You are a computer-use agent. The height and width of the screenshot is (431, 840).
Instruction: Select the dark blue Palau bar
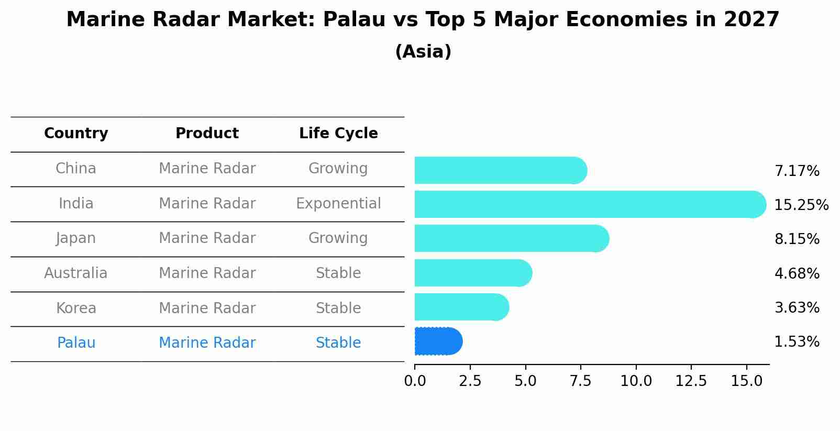click(x=438, y=341)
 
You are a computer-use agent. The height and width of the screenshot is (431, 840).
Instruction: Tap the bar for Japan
click(x=511, y=238)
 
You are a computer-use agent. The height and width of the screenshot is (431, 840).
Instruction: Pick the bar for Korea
click(x=461, y=307)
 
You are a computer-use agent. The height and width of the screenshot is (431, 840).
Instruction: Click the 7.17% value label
click(x=797, y=171)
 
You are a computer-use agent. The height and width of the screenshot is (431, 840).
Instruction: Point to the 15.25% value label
click(x=801, y=205)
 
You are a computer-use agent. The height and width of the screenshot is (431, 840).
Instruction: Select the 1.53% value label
click(x=797, y=342)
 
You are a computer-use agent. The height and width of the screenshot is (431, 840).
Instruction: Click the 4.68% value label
click(x=797, y=273)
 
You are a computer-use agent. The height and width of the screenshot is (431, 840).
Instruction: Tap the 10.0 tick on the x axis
click(x=636, y=381)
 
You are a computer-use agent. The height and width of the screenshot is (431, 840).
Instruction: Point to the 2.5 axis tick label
click(x=470, y=381)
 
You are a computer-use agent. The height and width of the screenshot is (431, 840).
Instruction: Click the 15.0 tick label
click(x=746, y=381)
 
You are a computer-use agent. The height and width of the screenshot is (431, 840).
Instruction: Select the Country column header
click(x=76, y=134)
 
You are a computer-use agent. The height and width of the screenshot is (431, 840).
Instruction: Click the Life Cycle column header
click(x=338, y=134)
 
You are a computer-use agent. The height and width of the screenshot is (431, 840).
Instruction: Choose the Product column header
click(x=207, y=134)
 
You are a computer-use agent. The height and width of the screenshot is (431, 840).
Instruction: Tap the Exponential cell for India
click(x=338, y=203)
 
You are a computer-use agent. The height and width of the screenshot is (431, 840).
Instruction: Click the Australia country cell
click(x=76, y=273)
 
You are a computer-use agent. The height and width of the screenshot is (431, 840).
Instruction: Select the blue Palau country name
click(x=76, y=343)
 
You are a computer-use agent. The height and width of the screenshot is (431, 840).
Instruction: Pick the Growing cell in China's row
click(x=338, y=169)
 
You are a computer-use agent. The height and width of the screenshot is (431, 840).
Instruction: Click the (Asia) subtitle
click(x=423, y=52)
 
